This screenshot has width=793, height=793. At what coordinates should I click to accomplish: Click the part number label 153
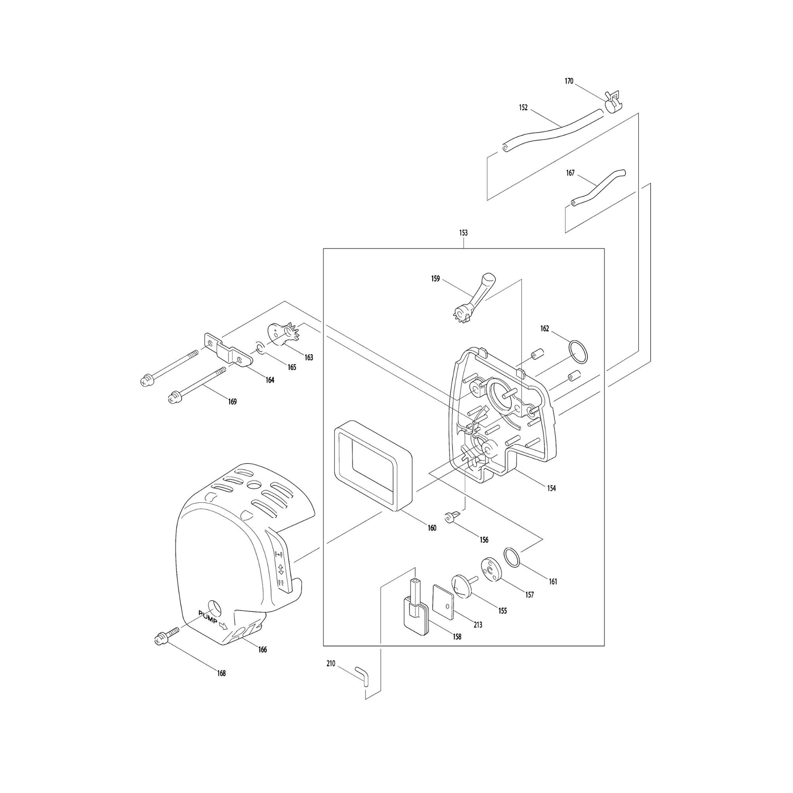click(x=463, y=233)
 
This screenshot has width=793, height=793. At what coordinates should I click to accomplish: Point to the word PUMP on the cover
click(x=208, y=618)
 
